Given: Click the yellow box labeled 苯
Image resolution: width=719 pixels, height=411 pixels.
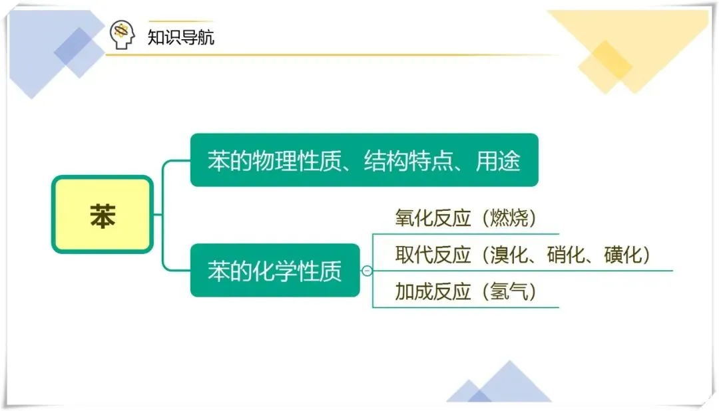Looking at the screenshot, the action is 102,214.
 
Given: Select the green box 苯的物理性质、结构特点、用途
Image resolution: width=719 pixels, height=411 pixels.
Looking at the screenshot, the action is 363,160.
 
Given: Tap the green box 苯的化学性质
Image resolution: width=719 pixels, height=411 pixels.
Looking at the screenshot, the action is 274,271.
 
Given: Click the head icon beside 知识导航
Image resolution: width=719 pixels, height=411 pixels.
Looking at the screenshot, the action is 122,35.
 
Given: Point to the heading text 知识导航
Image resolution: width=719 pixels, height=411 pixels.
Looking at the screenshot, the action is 181,36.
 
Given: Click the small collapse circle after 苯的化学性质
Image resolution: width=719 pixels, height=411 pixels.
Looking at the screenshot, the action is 367,271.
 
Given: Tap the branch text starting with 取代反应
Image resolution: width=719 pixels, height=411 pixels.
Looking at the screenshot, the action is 522,255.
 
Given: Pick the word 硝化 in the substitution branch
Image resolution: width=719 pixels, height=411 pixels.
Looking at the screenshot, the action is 566,255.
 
